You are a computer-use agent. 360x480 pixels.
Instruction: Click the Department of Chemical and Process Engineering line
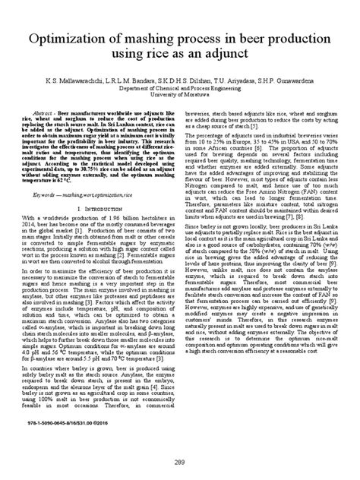181,86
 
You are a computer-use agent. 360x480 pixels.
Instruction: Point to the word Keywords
55,194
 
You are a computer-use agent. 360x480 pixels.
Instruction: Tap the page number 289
180,462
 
